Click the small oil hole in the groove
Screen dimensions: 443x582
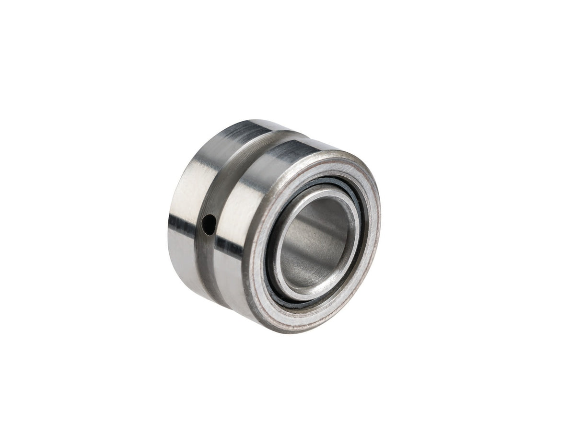coord(209,224)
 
